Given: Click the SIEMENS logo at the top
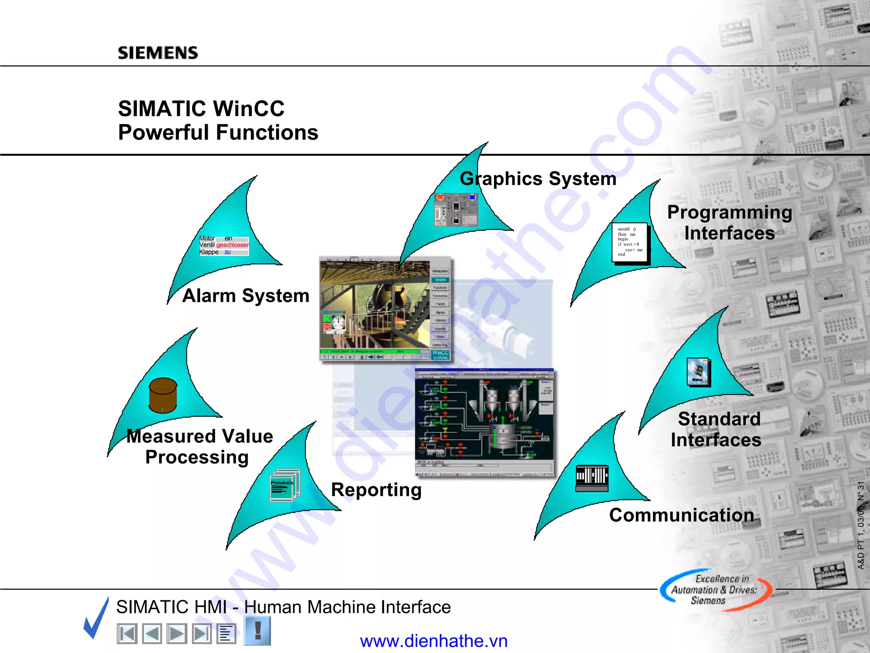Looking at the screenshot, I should tap(158, 53).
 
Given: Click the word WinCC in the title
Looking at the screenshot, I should tap(249, 108).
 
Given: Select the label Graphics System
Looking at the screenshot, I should tap(538, 179).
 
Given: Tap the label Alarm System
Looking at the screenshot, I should tap(246, 295).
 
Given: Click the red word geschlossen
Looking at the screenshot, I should tap(233, 245).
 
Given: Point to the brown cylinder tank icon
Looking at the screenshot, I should tap(163, 395).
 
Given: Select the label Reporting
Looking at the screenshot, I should tap(376, 490).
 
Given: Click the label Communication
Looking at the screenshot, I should tap(681, 515).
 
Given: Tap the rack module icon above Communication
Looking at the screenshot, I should tap(592, 478).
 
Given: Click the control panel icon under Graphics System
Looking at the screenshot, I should tap(456, 210).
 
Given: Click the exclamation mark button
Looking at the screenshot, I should tap(257, 631).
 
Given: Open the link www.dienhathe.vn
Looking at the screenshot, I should tap(433, 641).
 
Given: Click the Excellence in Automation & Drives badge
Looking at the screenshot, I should tap(715, 590).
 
